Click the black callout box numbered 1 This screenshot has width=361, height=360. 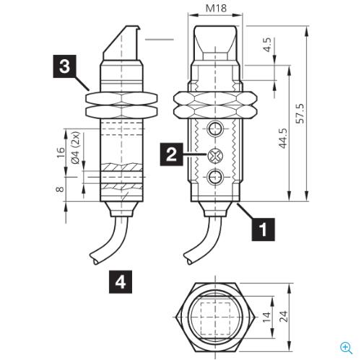coord(263,229)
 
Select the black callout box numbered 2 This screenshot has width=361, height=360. coord(171,154)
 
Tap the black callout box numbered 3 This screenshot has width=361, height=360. coord(64,66)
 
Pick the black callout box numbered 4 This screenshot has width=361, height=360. coord(121,282)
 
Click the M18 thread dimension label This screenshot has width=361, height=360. coord(216,9)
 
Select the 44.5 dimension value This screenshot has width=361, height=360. coord(283,139)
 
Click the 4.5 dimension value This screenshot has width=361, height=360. coord(267,45)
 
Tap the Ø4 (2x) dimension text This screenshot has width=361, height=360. coord(76,148)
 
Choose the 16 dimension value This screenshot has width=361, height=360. coord(61,152)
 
